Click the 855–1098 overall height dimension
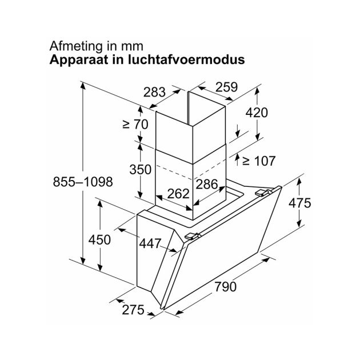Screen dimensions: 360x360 coord(83,182)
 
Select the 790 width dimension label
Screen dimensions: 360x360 coord(225,286)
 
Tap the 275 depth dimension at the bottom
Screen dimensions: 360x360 coord(133,310)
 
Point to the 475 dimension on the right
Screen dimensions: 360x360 coord(300,203)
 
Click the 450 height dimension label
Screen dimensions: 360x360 coord(99,239)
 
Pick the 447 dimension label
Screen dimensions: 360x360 coord(150,243)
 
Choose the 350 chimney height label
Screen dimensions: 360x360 coord(140,170)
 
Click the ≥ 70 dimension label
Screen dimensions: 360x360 coord(135,124)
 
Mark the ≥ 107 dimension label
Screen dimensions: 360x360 coord(258,161)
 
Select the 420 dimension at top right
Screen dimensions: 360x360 coord(257,113)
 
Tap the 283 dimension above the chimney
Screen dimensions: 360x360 coord(154,92)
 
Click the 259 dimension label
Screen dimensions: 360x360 coord(227,87)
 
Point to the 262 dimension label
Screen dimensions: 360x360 coord(178,194)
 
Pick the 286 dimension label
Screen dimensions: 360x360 coord(207,184)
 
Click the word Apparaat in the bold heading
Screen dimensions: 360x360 coord(79,60)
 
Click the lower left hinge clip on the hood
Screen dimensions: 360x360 coord(192,236)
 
